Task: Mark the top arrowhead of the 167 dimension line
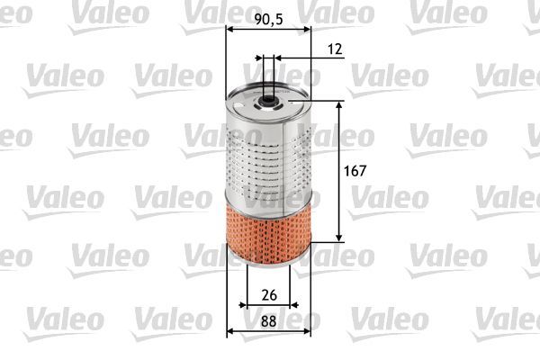pyautogui.click(x=339, y=103)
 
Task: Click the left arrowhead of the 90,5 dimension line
pyautogui.click(x=228, y=29)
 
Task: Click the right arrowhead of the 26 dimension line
pyautogui.click(x=289, y=307)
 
